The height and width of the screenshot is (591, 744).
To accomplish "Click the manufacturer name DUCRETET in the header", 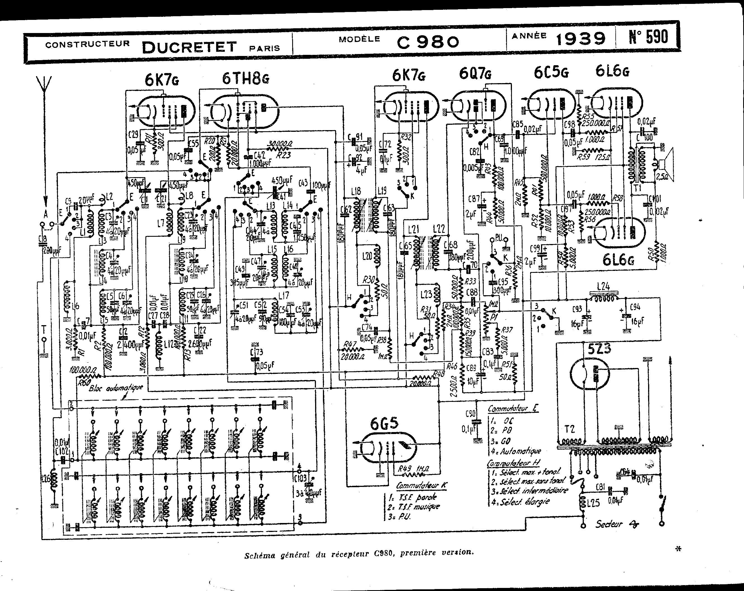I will (189, 47).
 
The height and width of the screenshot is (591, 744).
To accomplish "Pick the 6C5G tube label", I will (551, 72).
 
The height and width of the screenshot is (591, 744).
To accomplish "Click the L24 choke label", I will (603, 286).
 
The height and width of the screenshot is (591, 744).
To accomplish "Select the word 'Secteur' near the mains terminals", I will (608, 524).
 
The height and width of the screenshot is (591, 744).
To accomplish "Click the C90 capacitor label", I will (470, 414).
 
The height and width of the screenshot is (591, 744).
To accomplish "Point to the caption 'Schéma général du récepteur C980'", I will (359, 553).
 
